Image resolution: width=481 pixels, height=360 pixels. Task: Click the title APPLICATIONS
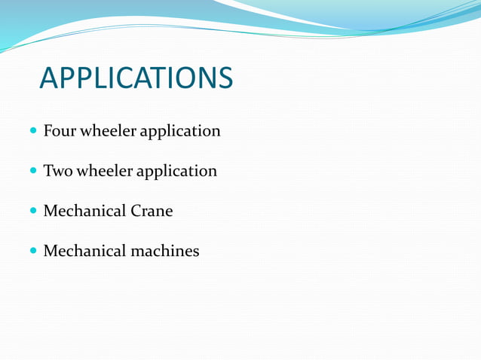(136, 78)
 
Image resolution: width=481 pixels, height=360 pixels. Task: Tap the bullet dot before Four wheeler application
(34, 131)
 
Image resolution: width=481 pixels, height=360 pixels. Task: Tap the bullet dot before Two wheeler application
(34, 171)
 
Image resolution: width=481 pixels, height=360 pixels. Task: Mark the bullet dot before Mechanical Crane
(34, 211)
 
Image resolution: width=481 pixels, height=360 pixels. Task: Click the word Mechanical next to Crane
(84, 211)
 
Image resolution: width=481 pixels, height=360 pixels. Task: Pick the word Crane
(152, 211)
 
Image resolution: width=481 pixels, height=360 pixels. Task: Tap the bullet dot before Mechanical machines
(34, 251)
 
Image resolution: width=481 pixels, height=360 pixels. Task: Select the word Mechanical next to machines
(84, 251)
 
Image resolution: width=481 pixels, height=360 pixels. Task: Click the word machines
(165, 251)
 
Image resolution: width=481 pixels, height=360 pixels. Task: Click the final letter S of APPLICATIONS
(225, 78)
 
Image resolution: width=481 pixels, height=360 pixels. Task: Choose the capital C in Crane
(136, 211)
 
